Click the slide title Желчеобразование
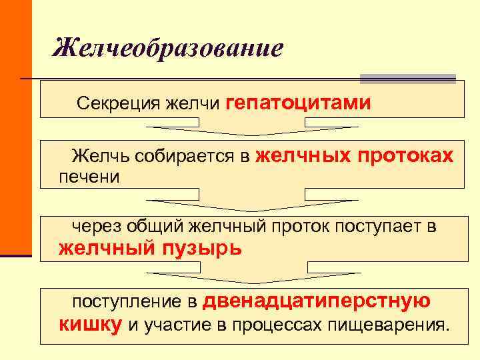[x=168, y=48]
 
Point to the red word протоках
[x=405, y=156]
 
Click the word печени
[x=89, y=177]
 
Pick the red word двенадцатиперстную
[x=317, y=301]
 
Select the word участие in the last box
[x=173, y=325]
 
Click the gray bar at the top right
[x=407, y=79]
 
